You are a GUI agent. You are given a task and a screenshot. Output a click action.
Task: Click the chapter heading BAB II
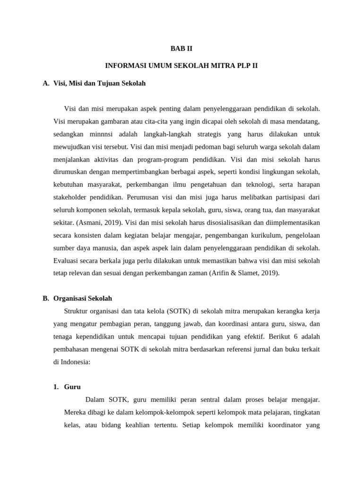(x=181, y=48)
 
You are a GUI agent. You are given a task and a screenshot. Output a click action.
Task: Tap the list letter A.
(x=45, y=83)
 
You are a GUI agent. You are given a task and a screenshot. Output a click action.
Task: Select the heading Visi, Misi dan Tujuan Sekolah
(x=100, y=83)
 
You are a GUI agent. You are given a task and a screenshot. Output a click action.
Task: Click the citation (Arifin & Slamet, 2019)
(x=244, y=273)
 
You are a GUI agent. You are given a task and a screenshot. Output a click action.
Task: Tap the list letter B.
(x=45, y=298)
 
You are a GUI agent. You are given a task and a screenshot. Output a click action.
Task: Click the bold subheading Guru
(x=72, y=387)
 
